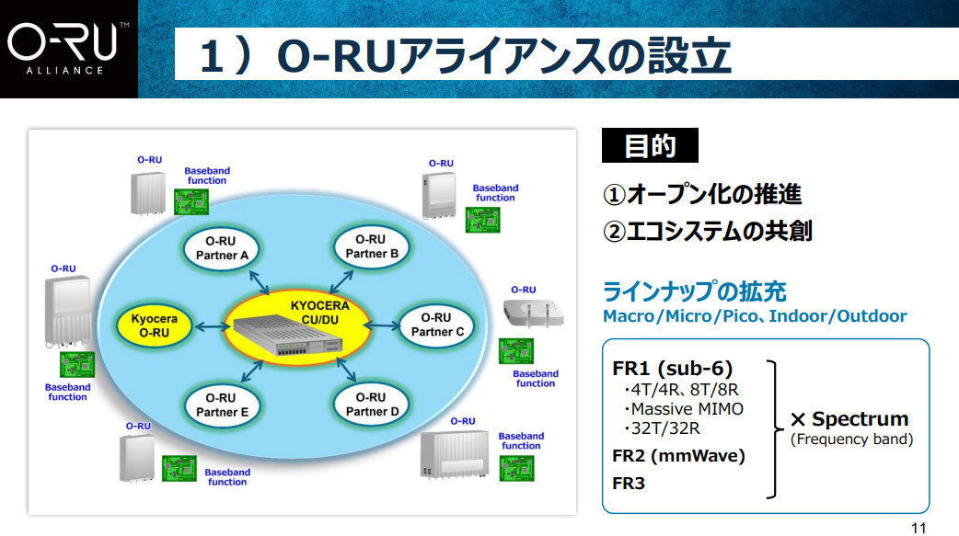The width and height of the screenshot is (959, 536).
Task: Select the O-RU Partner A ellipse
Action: pyautogui.click(x=222, y=246)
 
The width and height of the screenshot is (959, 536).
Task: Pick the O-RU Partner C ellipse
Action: pyautogui.click(x=435, y=325)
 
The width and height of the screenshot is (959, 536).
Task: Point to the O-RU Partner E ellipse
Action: pyautogui.click(x=222, y=405)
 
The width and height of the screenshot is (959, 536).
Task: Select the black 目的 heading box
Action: pyautogui.click(x=650, y=146)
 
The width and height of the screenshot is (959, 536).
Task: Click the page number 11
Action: pyautogui.click(x=918, y=527)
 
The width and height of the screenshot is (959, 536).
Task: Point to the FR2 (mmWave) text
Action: pyautogui.click(x=678, y=455)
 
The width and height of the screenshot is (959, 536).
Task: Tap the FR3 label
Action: pyautogui.click(x=629, y=482)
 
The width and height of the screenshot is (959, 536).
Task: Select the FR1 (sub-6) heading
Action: pyautogui.click(x=672, y=369)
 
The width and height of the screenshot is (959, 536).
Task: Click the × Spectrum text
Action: pyautogui.click(x=850, y=419)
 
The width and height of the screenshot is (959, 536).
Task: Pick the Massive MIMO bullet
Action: pyautogui.click(x=683, y=408)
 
